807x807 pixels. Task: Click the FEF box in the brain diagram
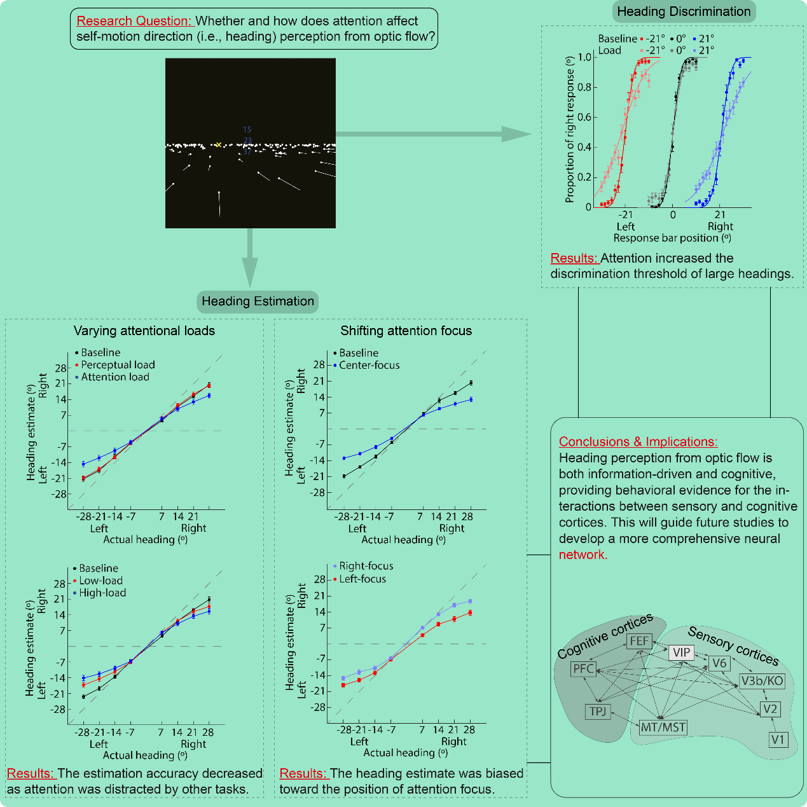(639, 641)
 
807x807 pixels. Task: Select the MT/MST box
(663, 727)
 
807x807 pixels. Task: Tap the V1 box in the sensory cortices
(778, 739)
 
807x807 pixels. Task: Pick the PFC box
(583, 668)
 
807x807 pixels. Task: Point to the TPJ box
(598, 711)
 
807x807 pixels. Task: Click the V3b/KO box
(762, 681)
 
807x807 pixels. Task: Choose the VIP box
(681, 652)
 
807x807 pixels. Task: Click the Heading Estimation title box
(258, 301)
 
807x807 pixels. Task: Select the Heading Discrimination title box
(684, 11)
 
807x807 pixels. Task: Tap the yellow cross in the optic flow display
(218, 145)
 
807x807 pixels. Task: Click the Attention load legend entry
(114, 377)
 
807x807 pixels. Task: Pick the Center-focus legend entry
(369, 365)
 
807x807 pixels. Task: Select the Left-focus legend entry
(362, 579)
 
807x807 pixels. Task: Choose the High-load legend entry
(102, 593)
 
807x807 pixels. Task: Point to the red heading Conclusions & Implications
(638, 441)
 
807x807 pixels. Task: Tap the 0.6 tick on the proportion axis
(584, 117)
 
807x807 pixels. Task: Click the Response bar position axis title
(672, 238)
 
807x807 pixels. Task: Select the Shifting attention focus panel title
(406, 331)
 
